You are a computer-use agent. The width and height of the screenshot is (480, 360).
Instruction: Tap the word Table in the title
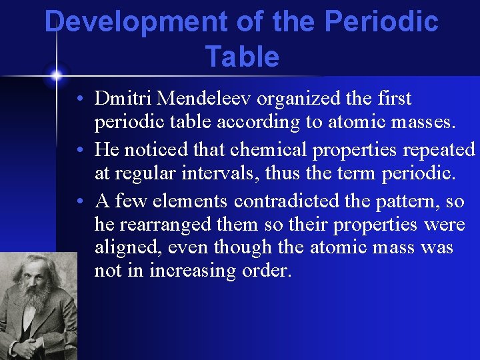[242, 57]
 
